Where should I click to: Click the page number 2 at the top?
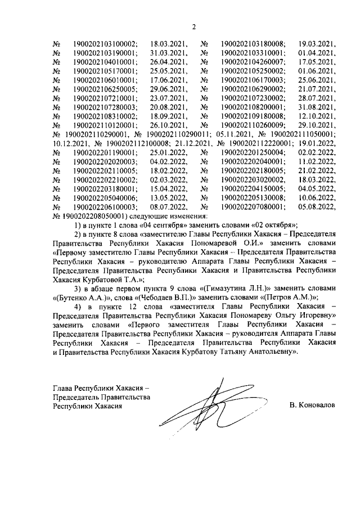[193, 26]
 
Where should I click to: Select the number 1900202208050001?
[93, 217]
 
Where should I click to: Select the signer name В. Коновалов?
[312, 404]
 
